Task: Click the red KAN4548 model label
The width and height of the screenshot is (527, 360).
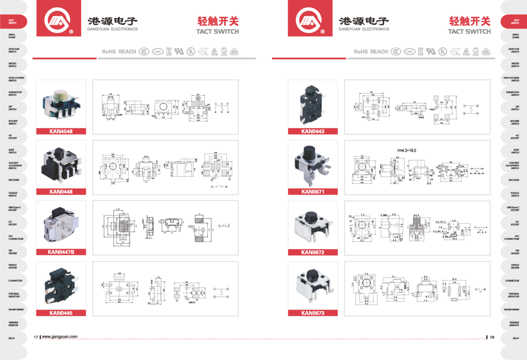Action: click(x=61, y=131)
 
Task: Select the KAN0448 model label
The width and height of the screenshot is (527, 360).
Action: click(x=61, y=191)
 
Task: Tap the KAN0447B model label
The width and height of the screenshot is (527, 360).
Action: click(x=61, y=252)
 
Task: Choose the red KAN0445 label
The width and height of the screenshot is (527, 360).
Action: click(x=61, y=313)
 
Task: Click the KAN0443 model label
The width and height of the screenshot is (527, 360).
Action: click(x=313, y=131)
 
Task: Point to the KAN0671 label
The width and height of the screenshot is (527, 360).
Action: click(x=313, y=191)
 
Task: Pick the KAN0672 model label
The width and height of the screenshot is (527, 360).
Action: click(x=313, y=252)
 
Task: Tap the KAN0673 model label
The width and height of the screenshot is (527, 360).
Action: click(x=313, y=313)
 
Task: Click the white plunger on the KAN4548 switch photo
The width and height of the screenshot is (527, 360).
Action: click(x=59, y=94)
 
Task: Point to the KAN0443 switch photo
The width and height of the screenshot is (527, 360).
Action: click(x=312, y=104)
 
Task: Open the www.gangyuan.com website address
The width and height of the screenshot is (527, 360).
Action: click(x=60, y=337)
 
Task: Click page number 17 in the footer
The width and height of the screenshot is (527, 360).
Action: click(x=36, y=337)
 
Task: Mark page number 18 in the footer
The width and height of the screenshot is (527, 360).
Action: click(x=492, y=337)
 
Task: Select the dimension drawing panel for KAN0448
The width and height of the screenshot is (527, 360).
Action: click(x=165, y=167)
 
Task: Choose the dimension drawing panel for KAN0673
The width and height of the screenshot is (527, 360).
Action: click(x=417, y=288)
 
